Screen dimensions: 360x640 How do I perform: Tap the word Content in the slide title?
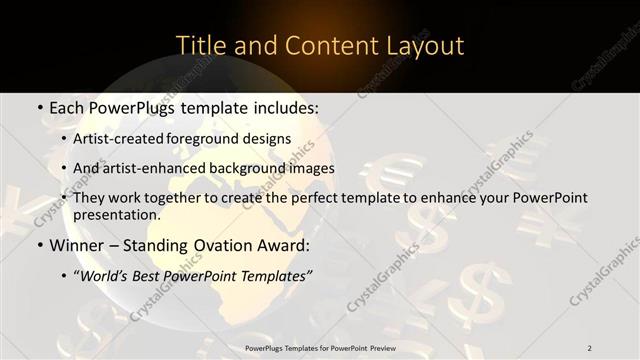click(x=323, y=46)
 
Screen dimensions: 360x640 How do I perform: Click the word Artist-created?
click(x=120, y=139)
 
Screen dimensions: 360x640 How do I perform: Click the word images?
click(x=309, y=168)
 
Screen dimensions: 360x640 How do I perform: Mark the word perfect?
click(x=298, y=198)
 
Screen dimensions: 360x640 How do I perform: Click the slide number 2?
click(x=590, y=347)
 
